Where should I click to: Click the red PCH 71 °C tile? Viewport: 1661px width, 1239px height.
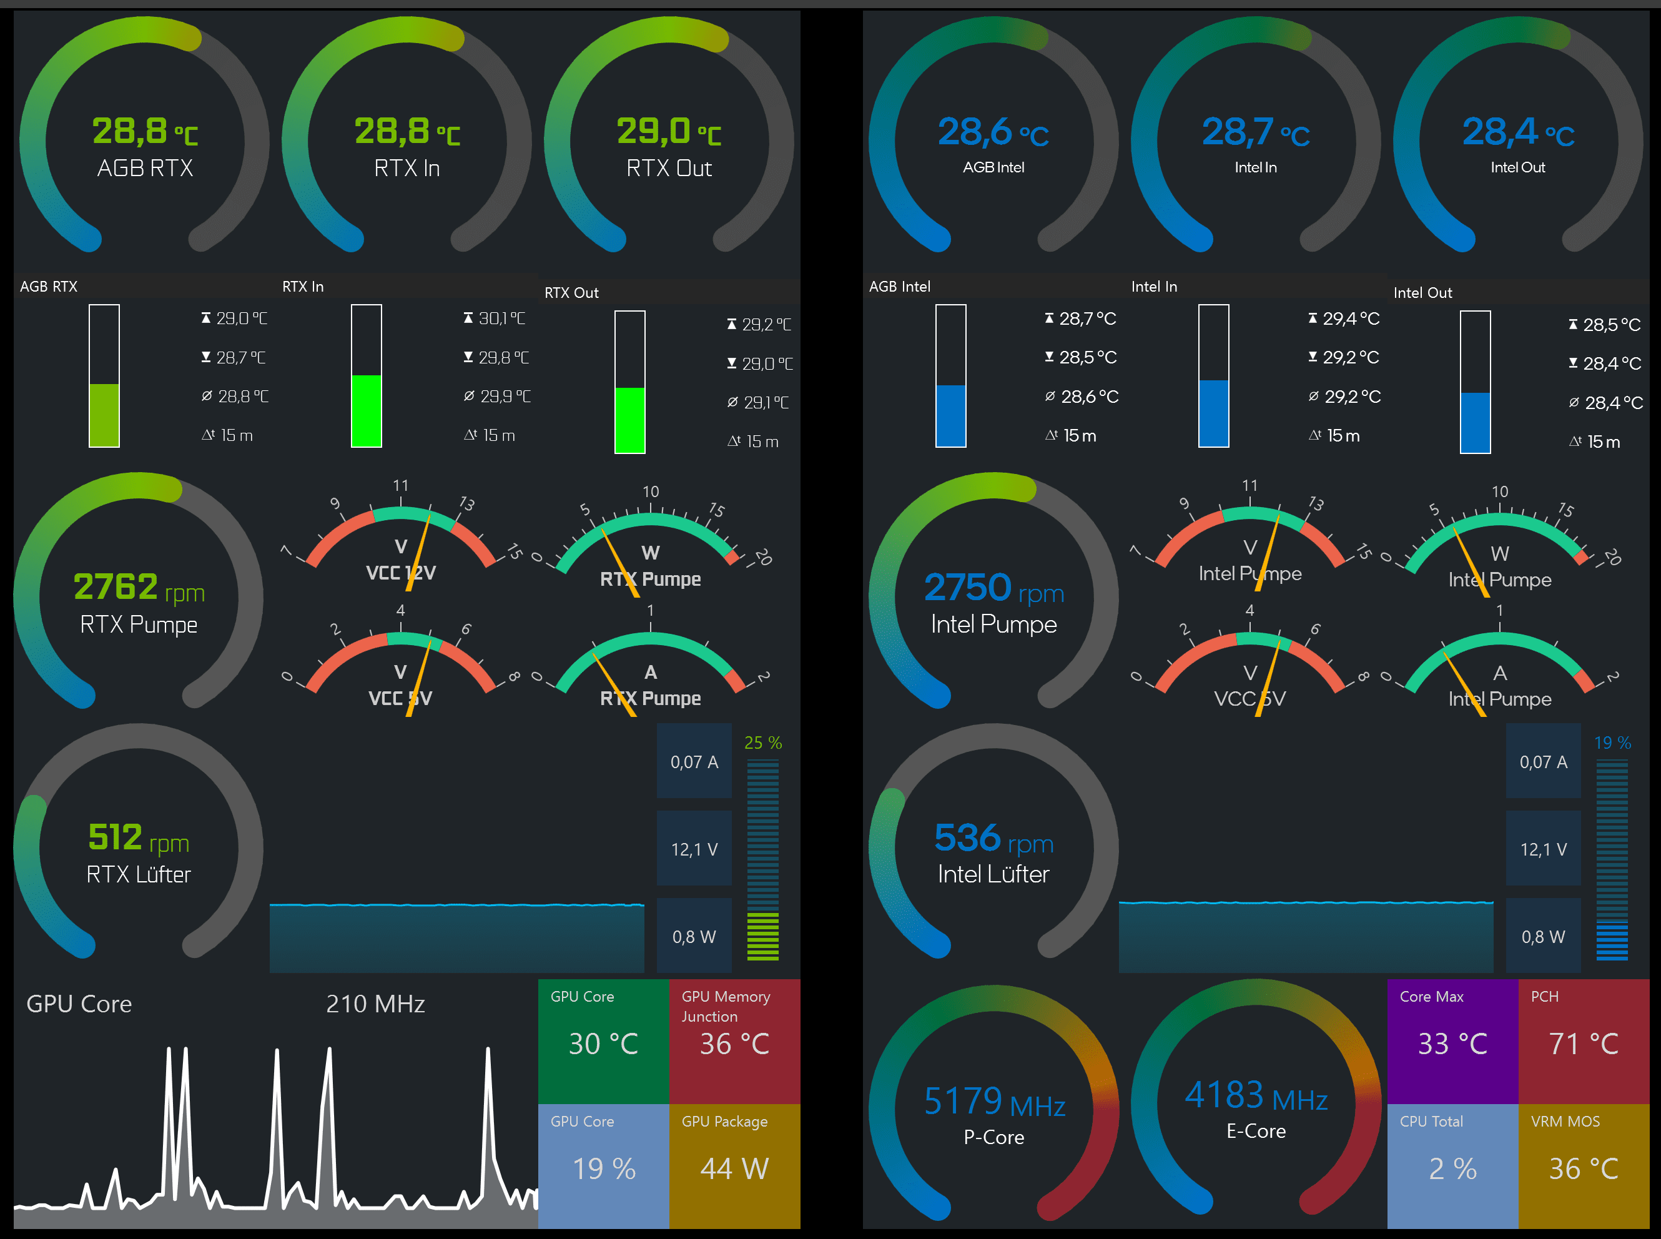(1583, 1040)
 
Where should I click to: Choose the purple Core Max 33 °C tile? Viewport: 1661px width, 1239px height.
(1452, 1040)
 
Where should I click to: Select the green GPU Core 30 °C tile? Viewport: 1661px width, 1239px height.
(603, 1040)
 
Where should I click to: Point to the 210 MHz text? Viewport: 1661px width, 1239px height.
(375, 1004)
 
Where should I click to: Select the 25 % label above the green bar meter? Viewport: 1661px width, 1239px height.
(762, 743)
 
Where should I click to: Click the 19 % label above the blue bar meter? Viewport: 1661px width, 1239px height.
(1612, 743)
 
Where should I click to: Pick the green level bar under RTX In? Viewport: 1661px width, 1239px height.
(367, 410)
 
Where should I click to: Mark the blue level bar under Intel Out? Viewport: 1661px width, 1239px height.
(1475, 422)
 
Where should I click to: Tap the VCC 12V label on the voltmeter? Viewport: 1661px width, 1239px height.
(400, 573)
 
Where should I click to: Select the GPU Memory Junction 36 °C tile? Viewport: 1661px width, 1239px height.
(734, 1040)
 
